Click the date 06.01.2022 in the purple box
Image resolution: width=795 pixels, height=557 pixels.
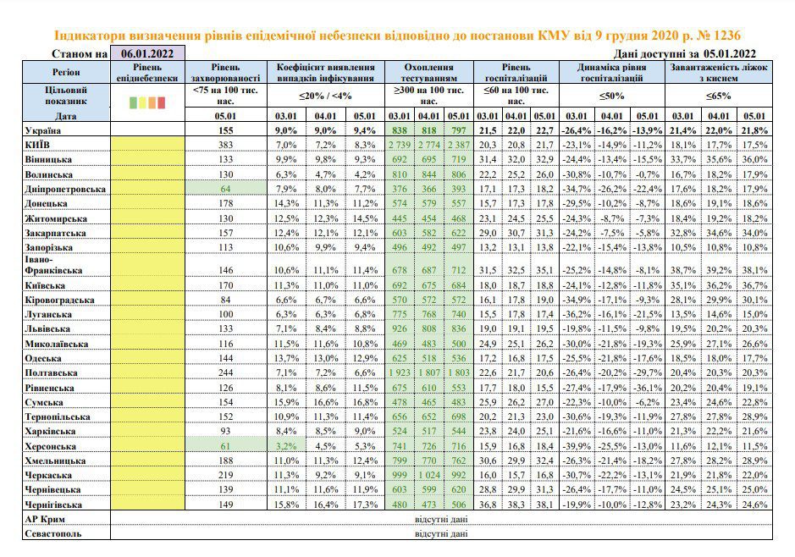(x=147, y=53)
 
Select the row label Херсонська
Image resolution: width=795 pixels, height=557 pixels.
(x=50, y=446)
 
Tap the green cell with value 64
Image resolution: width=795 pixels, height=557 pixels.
(x=225, y=189)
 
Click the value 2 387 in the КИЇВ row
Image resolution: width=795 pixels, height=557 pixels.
(x=458, y=145)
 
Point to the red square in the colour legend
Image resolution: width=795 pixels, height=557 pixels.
(x=161, y=103)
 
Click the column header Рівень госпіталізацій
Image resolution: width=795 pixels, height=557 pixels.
(x=516, y=73)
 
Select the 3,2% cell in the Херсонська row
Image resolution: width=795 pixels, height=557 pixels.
(x=286, y=446)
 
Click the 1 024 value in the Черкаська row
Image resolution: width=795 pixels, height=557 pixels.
(x=429, y=476)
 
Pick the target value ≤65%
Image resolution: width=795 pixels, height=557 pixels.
(x=719, y=96)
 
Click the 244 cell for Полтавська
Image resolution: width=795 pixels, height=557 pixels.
(x=225, y=373)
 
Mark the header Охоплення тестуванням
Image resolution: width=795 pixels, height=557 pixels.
(x=429, y=73)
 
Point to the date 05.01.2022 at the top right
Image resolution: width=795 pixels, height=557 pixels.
(x=729, y=53)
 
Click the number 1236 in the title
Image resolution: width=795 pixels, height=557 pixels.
(x=726, y=36)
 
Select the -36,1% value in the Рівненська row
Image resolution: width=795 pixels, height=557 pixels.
(x=647, y=388)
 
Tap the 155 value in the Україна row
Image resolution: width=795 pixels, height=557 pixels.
(x=225, y=130)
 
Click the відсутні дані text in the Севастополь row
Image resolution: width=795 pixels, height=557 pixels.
(x=441, y=533)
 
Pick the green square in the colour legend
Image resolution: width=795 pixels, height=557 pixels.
(x=133, y=103)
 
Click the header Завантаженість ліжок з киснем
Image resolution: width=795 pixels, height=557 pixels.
(x=719, y=73)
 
